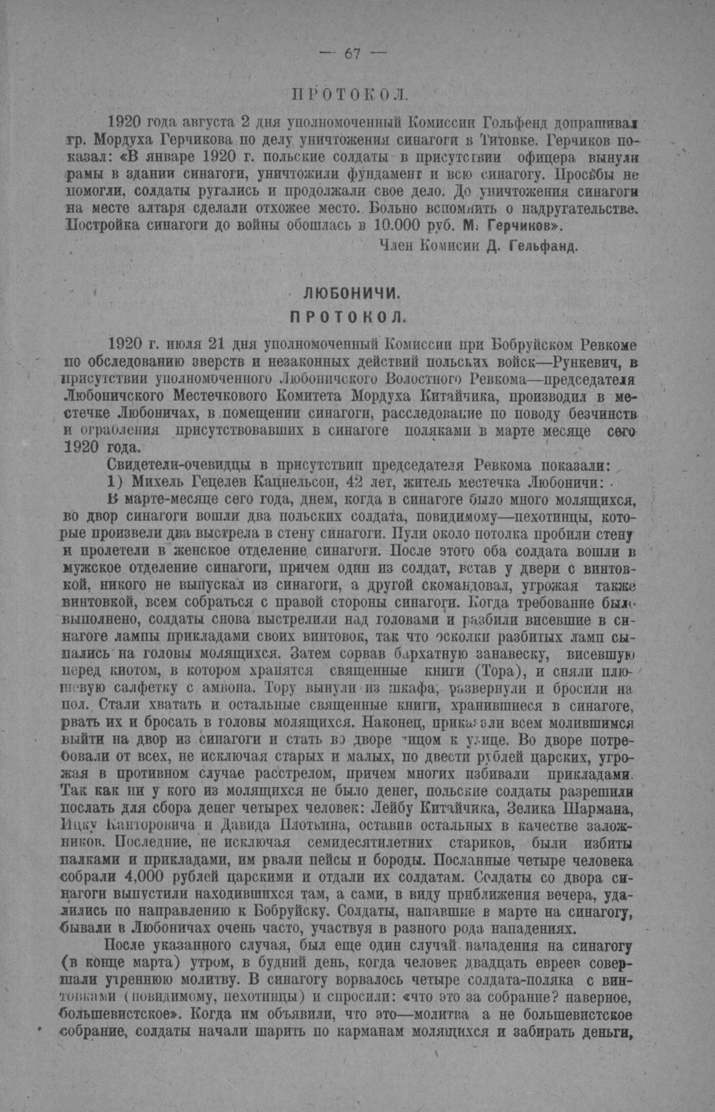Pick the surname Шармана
click(x=596, y=810)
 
